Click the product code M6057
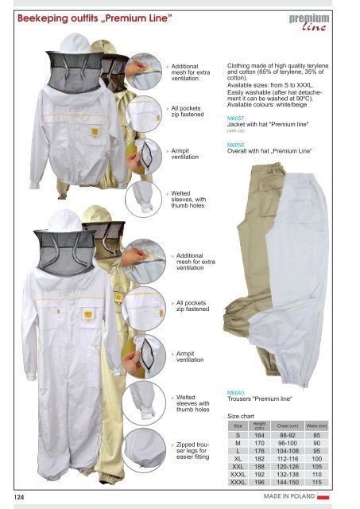click(235, 119)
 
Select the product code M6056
click(235, 145)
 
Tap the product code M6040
click(235, 393)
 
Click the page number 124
click(19, 497)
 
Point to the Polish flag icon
click(323, 496)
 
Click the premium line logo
click(309, 22)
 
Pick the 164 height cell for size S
click(259, 435)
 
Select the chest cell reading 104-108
click(288, 451)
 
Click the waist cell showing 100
click(317, 459)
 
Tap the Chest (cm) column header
click(288, 425)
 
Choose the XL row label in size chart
click(238, 459)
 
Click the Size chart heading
click(241, 416)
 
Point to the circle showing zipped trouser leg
click(144, 450)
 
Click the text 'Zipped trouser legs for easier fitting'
click(193, 451)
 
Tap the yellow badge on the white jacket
click(95, 131)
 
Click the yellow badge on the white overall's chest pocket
click(88, 315)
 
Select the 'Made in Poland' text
click(289, 496)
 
